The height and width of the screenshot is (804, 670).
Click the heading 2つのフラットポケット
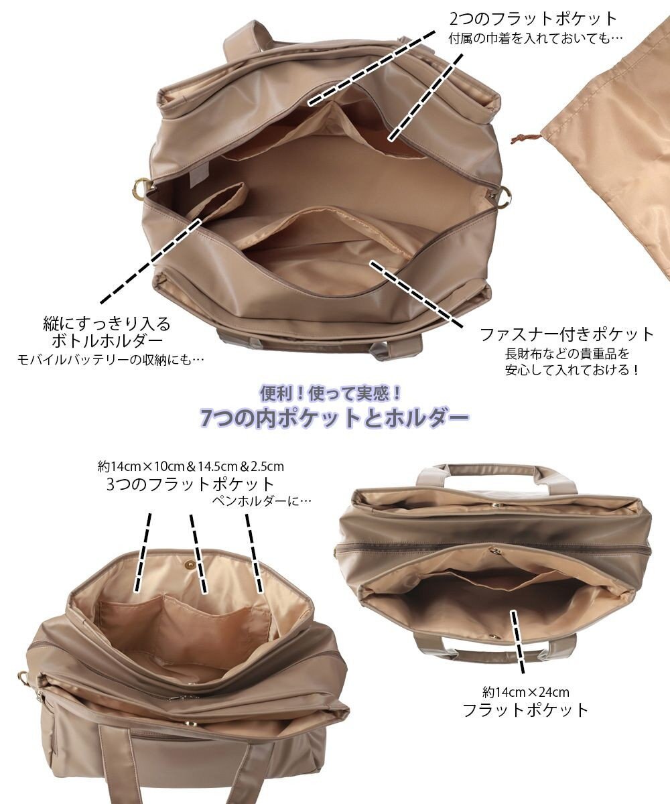pyautogui.click(x=532, y=19)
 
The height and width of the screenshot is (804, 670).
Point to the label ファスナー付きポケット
pyautogui.click(x=566, y=333)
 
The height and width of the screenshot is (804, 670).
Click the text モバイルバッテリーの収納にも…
pyautogui.click(x=110, y=360)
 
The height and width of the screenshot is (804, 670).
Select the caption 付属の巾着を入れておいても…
pyautogui.click(x=535, y=38)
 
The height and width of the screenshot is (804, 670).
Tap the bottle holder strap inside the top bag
pyautogui.click(x=221, y=201)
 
